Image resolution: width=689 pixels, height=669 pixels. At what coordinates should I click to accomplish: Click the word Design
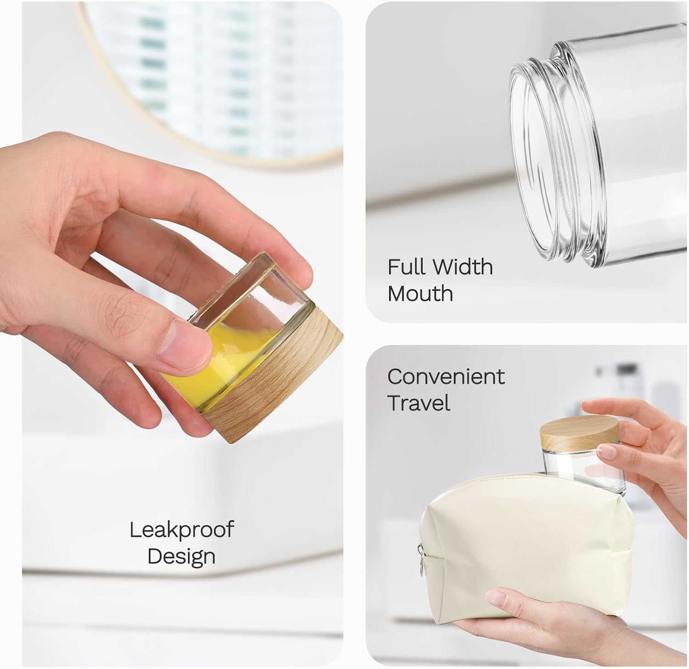click(181, 556)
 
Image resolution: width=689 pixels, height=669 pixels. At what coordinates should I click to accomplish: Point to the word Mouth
click(420, 293)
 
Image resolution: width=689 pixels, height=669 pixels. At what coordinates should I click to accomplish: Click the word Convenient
click(446, 377)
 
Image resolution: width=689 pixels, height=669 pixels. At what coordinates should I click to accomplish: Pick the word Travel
click(419, 403)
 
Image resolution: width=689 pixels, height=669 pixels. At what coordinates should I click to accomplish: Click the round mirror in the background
click(211, 78)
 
